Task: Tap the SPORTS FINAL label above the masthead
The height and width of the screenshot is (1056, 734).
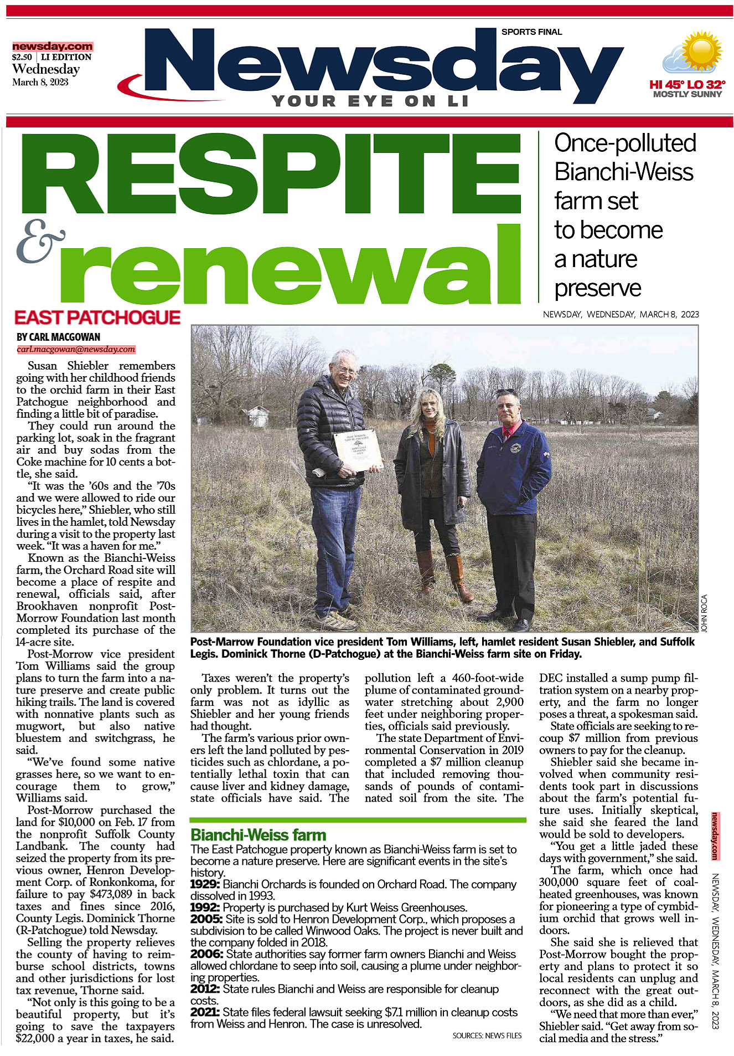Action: click(531, 32)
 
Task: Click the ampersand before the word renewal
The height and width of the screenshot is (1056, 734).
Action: click(41, 241)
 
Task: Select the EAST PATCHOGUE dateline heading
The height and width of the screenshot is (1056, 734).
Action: click(97, 317)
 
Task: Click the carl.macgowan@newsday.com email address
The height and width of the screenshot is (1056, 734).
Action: click(76, 349)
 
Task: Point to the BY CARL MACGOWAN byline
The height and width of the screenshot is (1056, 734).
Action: click(58, 337)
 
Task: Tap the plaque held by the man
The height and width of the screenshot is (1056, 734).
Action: click(358, 450)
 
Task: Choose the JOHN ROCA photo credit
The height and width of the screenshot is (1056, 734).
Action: click(704, 613)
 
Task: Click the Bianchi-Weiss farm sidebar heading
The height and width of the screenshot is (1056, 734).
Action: click(258, 835)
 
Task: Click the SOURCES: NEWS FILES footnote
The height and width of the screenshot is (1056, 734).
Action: click(487, 1035)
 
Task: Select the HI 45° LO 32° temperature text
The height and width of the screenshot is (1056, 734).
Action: click(687, 85)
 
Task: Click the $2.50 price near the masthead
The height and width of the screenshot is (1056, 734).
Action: click(22, 57)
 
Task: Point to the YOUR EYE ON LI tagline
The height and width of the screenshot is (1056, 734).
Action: click(370, 101)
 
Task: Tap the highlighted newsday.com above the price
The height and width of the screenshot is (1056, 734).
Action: click(53, 47)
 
